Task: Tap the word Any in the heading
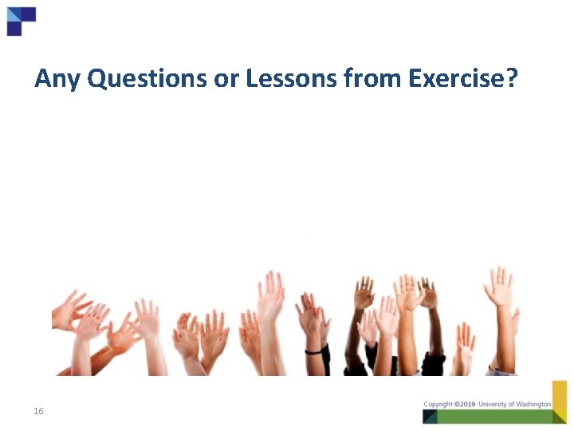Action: pyautogui.click(x=58, y=79)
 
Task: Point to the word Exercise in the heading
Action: pyautogui.click(x=454, y=79)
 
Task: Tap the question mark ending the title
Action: pyautogui.click(x=512, y=79)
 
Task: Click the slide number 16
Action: pyautogui.click(x=38, y=411)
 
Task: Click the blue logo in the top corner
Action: pyautogui.click(x=21, y=20)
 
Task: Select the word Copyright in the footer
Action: pyautogui.click(x=438, y=404)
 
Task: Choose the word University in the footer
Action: pyautogui.click(x=493, y=404)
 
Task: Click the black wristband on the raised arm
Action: pyautogui.click(x=313, y=350)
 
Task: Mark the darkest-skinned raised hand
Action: pyautogui.click(x=364, y=294)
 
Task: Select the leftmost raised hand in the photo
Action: pyautogui.click(x=69, y=310)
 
